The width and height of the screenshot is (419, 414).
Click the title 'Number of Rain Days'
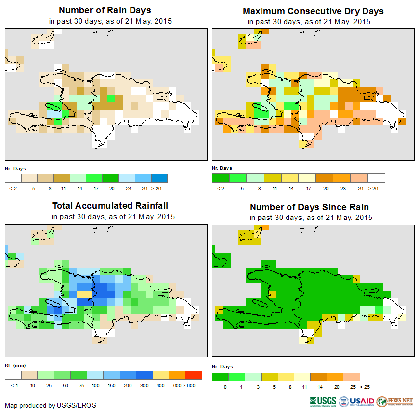pyautogui.click(x=105, y=10)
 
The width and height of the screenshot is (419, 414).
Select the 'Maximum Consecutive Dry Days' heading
pyautogui.click(x=313, y=11)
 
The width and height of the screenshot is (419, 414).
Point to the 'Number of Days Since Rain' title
pyautogui.click(x=309, y=207)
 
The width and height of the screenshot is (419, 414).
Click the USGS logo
pyautogui.click(x=323, y=401)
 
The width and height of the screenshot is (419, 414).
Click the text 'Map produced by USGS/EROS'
pyautogui.click(x=51, y=405)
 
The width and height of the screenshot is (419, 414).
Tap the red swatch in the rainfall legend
pyautogui.click(x=193, y=375)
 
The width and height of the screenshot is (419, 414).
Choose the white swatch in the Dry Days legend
pyautogui.click(x=376, y=178)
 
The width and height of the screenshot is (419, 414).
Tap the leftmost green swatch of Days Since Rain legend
pyautogui.click(x=220, y=377)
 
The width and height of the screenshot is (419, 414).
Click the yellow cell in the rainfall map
pyautogui.click(x=84, y=294)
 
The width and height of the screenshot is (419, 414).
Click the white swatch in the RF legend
pyautogui.click(x=13, y=375)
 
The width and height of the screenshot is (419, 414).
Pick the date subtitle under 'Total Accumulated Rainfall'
pyautogui.click(x=113, y=217)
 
